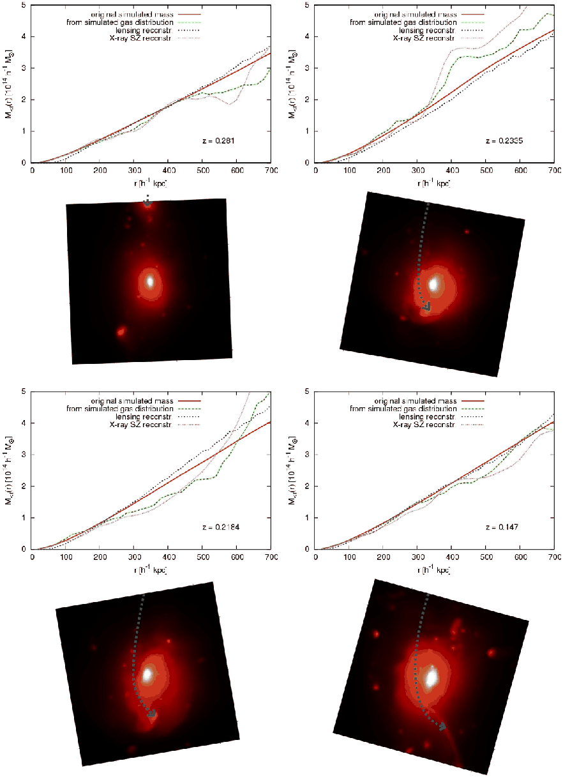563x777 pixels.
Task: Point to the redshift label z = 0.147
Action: [499, 528]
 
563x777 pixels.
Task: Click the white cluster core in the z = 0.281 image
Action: [151, 281]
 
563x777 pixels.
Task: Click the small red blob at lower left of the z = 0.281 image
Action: [120, 331]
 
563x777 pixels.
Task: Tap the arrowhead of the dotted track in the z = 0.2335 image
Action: [426, 308]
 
